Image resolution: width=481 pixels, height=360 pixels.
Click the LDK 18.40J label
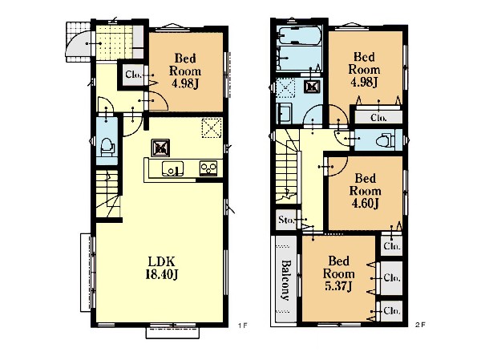162,268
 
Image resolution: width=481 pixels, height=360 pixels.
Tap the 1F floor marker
242,325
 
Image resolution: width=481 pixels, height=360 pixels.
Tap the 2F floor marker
421,325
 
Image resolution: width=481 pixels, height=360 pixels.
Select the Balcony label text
285,280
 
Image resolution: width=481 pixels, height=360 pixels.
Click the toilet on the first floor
107,147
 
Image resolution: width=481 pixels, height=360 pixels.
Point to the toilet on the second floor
386,140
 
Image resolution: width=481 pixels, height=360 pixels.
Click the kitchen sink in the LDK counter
172,168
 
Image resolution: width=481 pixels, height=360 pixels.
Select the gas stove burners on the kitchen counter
208,168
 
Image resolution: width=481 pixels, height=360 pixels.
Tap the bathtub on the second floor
298,35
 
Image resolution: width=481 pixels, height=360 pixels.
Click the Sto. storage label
286,220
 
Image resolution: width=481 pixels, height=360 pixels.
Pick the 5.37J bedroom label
338,273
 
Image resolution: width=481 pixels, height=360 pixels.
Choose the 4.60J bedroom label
365,191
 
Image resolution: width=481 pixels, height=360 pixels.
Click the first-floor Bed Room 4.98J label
185,71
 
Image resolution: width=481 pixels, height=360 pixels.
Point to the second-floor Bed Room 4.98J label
364,70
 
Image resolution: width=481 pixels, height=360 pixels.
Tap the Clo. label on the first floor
134,75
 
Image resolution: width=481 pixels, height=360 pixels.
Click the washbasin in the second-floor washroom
284,113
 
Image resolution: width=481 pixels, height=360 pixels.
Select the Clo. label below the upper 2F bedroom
378,118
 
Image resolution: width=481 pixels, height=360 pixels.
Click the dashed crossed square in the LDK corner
212,128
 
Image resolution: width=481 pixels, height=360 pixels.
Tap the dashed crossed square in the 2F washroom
285,87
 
